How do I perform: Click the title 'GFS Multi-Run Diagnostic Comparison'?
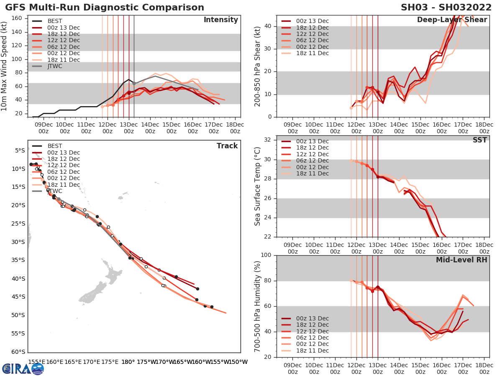coord(105,8)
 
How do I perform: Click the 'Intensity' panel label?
coord(220,20)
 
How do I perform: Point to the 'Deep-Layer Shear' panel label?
coord(452,20)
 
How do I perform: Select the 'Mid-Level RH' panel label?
coord(461,260)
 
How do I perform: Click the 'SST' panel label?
coord(479,140)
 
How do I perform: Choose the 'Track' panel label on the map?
coord(227,146)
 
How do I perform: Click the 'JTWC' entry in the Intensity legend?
coord(55,66)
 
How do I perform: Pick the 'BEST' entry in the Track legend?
coord(55,146)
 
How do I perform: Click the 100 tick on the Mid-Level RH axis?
coord(266,255)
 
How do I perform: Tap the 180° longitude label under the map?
coord(128,362)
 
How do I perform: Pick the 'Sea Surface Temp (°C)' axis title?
coord(258,186)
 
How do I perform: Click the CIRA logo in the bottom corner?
coord(23,368)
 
